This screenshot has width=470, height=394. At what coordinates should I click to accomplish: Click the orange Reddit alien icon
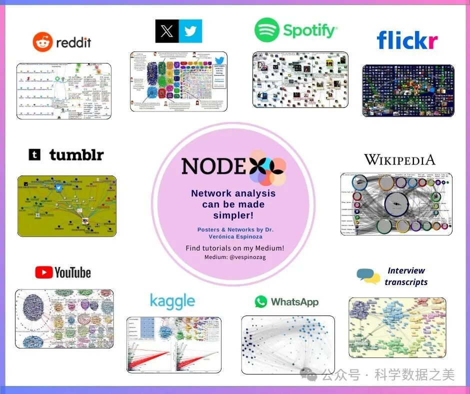pos(42,42)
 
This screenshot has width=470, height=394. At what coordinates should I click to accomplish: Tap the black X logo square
pos(167,31)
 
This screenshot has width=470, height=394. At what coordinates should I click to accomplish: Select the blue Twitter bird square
pos(190,31)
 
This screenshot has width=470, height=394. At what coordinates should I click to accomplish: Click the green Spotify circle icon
pos(266,30)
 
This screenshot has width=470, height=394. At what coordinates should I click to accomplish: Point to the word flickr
pos(407,40)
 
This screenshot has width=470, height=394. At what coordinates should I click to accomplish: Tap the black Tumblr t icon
pos(34,155)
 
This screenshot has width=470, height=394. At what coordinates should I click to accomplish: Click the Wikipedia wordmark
pos(399,160)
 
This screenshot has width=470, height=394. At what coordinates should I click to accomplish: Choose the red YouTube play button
pos(44,272)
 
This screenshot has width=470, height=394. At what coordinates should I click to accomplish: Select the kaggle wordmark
pos(172,301)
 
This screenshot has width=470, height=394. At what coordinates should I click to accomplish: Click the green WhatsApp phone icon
pos(261,301)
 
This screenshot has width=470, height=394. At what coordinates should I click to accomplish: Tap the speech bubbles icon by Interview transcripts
pos(368,276)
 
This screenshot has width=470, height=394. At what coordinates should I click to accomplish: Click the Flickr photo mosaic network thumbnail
pos(408,90)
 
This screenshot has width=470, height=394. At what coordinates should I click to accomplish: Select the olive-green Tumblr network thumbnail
pos(66,205)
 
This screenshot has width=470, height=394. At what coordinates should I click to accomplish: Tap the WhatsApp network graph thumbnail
pos(287,345)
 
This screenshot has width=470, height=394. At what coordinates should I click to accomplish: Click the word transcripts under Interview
pos(406,282)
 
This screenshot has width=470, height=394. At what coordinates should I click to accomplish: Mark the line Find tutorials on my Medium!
pos(234,248)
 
